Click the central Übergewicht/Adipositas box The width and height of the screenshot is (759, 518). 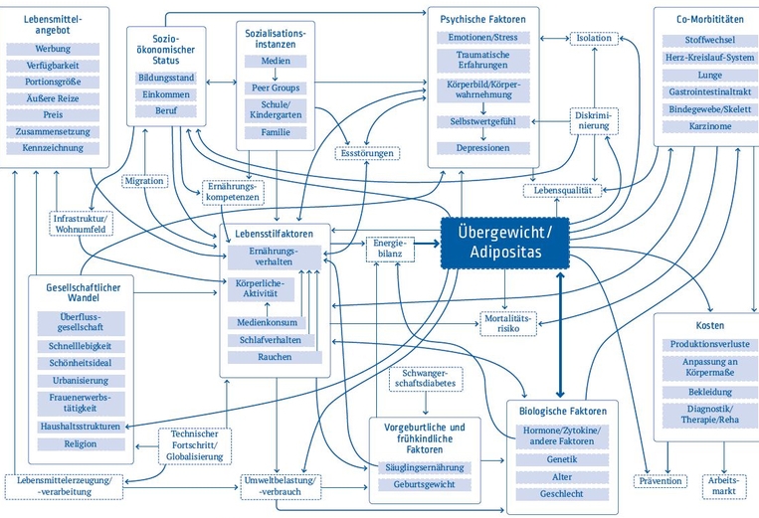click(x=505, y=243)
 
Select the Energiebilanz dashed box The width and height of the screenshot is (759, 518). click(x=388, y=249)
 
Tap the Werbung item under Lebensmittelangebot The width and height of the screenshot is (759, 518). click(x=53, y=48)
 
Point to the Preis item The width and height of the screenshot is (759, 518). click(x=53, y=114)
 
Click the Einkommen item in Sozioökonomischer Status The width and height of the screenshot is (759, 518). click(x=166, y=94)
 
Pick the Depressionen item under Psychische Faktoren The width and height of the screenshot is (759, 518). click(x=482, y=147)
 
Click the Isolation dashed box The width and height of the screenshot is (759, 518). click(x=594, y=38)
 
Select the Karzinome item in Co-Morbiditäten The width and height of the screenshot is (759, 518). click(x=703, y=126)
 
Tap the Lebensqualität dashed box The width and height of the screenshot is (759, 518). click(x=563, y=190)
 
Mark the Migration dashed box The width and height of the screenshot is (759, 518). click(x=145, y=182)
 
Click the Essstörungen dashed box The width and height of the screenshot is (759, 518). click(x=366, y=154)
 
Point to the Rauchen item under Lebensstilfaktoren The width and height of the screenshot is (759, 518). click(x=275, y=356)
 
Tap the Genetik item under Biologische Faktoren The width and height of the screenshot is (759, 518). click(x=562, y=459)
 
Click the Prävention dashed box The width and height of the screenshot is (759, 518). click(x=660, y=482)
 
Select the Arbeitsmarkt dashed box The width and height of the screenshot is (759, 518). click(x=724, y=483)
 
